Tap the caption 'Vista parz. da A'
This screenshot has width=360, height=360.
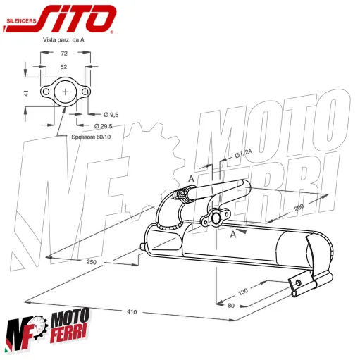click(x=65, y=40)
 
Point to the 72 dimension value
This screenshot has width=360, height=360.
click(x=65, y=54)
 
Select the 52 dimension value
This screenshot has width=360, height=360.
click(x=65, y=66)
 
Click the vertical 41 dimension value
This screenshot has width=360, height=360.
click(x=26, y=92)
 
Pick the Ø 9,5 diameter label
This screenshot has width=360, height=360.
click(x=111, y=114)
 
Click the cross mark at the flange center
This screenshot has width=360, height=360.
click(x=66, y=92)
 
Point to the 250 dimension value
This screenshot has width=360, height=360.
click(x=91, y=262)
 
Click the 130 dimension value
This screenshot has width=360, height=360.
click(x=244, y=290)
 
